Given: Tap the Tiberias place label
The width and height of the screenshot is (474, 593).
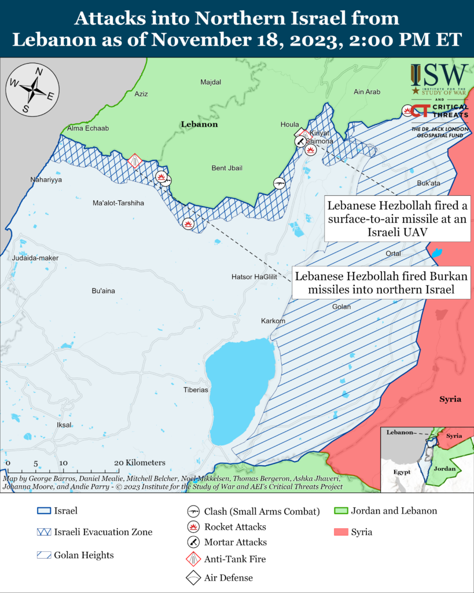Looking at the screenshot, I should pos(196,390).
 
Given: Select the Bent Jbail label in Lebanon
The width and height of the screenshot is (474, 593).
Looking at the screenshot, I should pos(227,168).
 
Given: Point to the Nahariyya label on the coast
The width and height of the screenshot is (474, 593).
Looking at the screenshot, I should pos(46,180).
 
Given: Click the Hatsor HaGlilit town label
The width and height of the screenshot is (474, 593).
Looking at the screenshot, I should pos(255,277).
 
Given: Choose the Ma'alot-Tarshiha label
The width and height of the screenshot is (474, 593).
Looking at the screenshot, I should pos(118,203).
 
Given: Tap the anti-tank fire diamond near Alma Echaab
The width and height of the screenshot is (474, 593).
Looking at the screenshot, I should pos(135,160).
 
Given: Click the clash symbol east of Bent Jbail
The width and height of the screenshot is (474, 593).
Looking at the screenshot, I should pos(280,184).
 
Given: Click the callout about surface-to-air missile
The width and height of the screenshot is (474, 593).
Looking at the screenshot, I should pos(397,219).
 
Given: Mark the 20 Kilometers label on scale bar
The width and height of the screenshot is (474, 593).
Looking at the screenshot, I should pos(140,463).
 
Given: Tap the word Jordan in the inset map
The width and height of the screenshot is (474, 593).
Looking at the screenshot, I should pos(445,468).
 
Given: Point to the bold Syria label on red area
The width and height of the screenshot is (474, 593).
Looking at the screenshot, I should pos(450,400).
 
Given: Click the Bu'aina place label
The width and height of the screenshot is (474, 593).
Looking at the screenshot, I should pos(104,290).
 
